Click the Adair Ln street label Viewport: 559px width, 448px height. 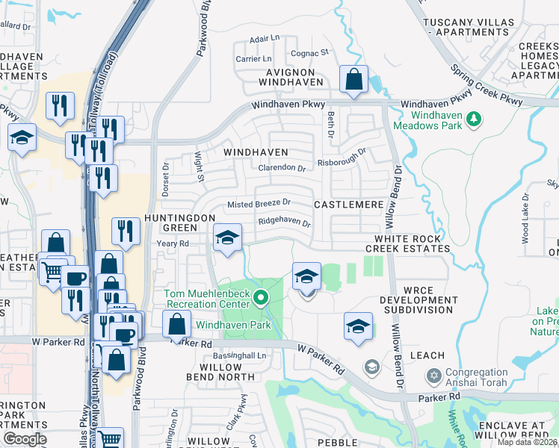(264, 38)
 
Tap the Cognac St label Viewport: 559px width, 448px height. (309, 53)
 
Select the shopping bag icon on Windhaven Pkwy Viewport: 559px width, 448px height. (353, 79)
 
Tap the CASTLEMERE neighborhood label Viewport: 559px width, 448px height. (348, 204)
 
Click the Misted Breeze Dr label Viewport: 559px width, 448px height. (259, 203)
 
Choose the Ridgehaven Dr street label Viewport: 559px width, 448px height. (284, 223)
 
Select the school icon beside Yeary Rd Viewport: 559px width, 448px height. (228, 238)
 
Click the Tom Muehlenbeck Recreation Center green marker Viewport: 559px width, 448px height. (260, 299)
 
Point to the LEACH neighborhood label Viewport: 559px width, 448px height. (427, 355)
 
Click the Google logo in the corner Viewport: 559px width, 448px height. (25, 439)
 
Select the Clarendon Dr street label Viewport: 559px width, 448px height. (282, 168)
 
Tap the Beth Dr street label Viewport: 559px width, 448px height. (329, 122)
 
